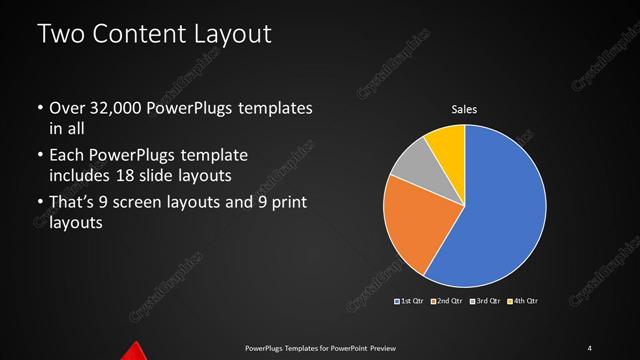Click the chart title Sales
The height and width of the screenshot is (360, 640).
pos(464,111)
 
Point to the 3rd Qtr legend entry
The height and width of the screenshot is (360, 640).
pos(486,300)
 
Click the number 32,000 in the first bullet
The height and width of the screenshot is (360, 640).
pos(109,108)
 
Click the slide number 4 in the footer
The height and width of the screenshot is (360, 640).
pos(589,347)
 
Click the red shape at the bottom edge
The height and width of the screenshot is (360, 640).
pos(134,351)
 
